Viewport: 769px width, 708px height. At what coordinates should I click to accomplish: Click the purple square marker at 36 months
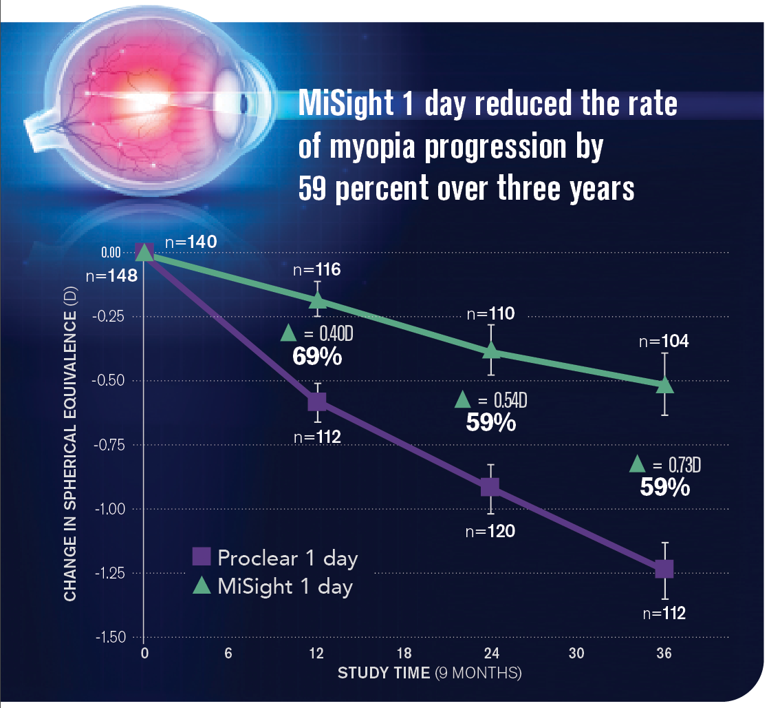coord(664,570)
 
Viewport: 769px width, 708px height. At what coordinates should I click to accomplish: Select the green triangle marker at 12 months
coord(318,300)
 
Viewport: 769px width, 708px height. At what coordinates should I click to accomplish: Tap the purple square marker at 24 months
coord(490,487)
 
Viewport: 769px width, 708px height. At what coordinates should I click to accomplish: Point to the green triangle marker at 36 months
coord(664,385)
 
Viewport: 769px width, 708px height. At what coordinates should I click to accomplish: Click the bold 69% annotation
coord(318,357)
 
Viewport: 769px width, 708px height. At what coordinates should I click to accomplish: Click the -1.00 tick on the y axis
coord(111,509)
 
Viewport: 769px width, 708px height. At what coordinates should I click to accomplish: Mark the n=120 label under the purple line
coord(490,532)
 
